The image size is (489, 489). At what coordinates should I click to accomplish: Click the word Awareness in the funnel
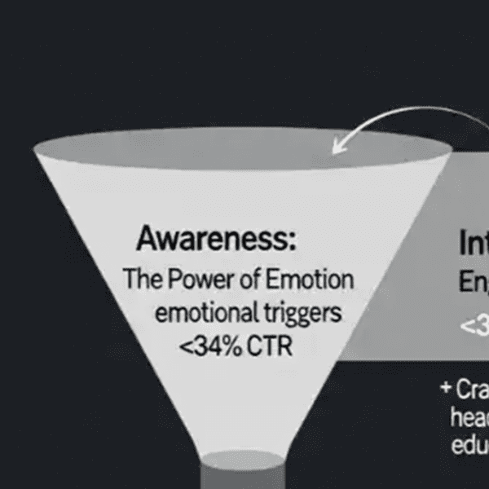215,240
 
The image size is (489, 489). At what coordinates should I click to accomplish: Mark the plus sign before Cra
445,388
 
